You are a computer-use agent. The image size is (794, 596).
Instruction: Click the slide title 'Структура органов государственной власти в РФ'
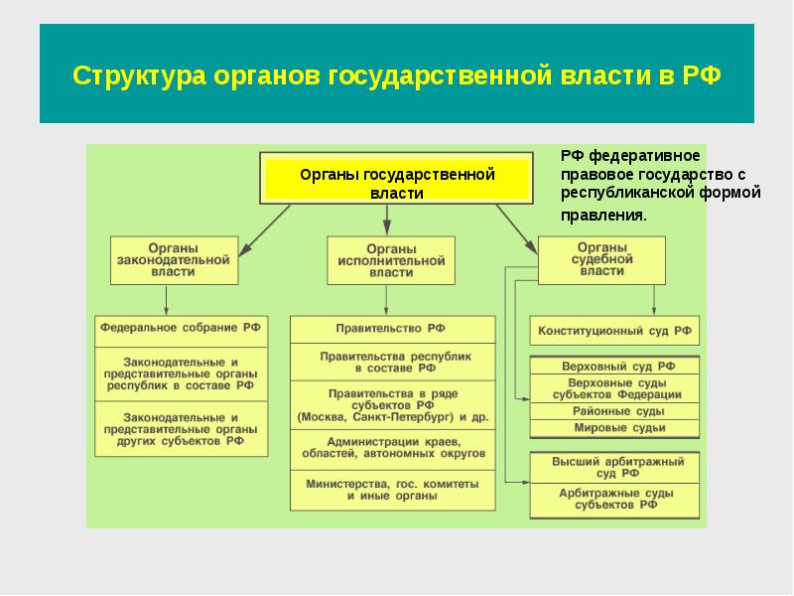click(396, 75)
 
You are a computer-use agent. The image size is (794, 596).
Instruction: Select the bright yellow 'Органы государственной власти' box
click(396, 179)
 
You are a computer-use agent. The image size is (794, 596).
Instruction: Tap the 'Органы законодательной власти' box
click(175, 260)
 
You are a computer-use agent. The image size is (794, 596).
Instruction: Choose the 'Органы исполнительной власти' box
click(391, 260)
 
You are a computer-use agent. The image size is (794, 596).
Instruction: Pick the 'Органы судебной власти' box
click(601, 260)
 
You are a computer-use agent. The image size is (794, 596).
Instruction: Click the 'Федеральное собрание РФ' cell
click(182, 332)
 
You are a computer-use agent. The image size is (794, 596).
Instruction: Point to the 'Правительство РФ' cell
click(392, 330)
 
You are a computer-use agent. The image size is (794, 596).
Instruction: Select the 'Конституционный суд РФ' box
click(614, 331)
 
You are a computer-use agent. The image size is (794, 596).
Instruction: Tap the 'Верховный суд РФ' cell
click(614, 366)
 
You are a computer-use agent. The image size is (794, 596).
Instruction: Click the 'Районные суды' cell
click(614, 411)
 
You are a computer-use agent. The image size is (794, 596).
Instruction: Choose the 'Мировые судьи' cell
click(614, 428)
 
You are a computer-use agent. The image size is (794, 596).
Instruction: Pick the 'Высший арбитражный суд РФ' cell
click(614, 467)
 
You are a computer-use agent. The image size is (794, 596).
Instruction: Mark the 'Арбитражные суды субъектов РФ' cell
click(614, 501)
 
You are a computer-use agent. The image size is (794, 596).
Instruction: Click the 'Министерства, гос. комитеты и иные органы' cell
click(392, 490)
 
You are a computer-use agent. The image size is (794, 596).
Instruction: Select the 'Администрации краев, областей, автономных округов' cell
click(392, 450)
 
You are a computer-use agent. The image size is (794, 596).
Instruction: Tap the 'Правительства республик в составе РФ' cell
click(392, 362)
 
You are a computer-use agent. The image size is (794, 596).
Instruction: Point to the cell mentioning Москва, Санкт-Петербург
click(392, 405)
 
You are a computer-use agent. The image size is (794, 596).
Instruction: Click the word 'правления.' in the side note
click(603, 216)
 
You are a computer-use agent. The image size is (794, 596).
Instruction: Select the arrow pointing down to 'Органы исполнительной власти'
click(387, 220)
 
